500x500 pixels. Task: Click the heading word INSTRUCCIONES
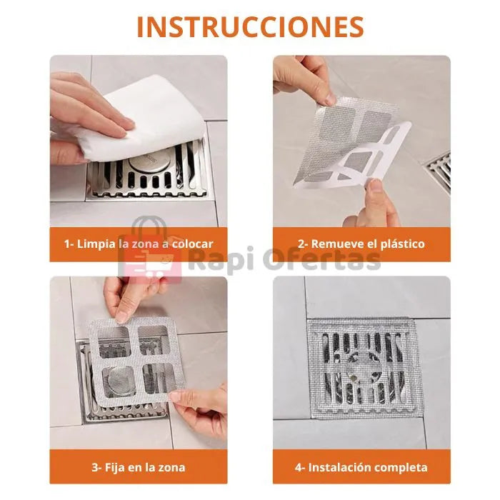click(x=250, y=26)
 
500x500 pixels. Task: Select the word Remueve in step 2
click(x=337, y=244)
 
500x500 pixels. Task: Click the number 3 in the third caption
click(x=95, y=467)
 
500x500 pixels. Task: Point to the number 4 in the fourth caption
click(x=298, y=467)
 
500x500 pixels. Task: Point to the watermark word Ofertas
click(x=321, y=259)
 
